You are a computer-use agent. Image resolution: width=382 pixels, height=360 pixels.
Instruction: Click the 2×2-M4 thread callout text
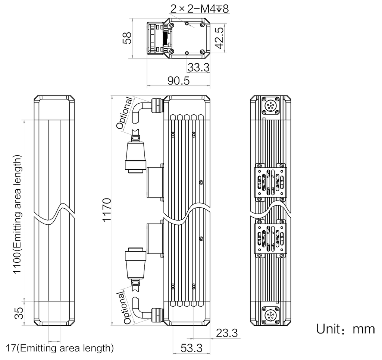click(200, 9)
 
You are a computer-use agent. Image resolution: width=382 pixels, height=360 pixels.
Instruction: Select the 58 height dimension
click(127, 38)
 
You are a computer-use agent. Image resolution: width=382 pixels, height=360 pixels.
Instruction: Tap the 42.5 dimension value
click(219, 38)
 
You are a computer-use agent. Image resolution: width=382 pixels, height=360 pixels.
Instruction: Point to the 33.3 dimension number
click(198, 67)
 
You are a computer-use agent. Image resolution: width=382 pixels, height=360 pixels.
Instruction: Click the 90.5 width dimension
click(178, 80)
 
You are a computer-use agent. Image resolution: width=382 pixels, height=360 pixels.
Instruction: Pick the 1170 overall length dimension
click(107, 210)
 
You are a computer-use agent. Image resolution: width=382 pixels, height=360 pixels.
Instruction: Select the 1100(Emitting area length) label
click(17, 215)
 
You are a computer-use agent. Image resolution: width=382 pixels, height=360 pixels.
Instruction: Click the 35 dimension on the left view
click(19, 313)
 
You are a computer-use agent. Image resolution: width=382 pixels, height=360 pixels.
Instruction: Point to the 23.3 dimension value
click(227, 333)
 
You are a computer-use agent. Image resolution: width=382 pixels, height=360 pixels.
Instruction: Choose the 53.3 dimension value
click(191, 348)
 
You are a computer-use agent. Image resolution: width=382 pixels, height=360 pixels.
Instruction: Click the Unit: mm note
click(345, 329)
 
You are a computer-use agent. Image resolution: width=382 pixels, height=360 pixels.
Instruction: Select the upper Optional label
click(125, 113)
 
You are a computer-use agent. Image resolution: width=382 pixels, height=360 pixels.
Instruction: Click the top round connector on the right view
click(270, 105)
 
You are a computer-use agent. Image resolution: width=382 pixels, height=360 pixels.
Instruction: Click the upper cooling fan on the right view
click(270, 182)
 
